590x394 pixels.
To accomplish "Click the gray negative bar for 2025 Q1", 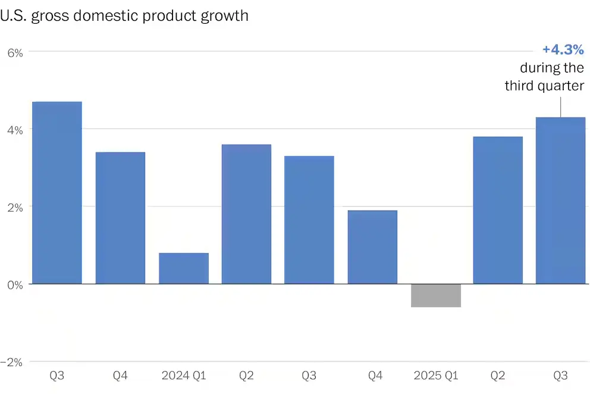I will coord(435,295).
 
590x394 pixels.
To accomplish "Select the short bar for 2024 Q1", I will coord(183,268).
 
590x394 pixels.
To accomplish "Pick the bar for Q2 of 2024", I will coord(246,214).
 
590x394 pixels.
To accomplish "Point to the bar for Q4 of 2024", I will coord(372,246).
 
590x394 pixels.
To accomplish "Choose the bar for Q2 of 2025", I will coord(498,210).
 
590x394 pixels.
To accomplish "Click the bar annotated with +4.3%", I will coord(560,200).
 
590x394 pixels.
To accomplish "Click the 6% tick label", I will coord(15,52).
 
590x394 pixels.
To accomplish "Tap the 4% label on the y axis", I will coord(15,130).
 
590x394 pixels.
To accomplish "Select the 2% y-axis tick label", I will coord(15,207).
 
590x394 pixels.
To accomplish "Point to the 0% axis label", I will coord(15,284).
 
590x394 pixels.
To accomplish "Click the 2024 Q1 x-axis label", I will coord(183,376).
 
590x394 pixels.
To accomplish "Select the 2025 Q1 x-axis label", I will coord(435,376).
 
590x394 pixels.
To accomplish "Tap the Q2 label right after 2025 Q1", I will coord(498,376).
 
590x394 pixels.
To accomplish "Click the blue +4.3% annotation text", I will coord(563,50).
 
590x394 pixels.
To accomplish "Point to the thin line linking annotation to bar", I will coord(560,106).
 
